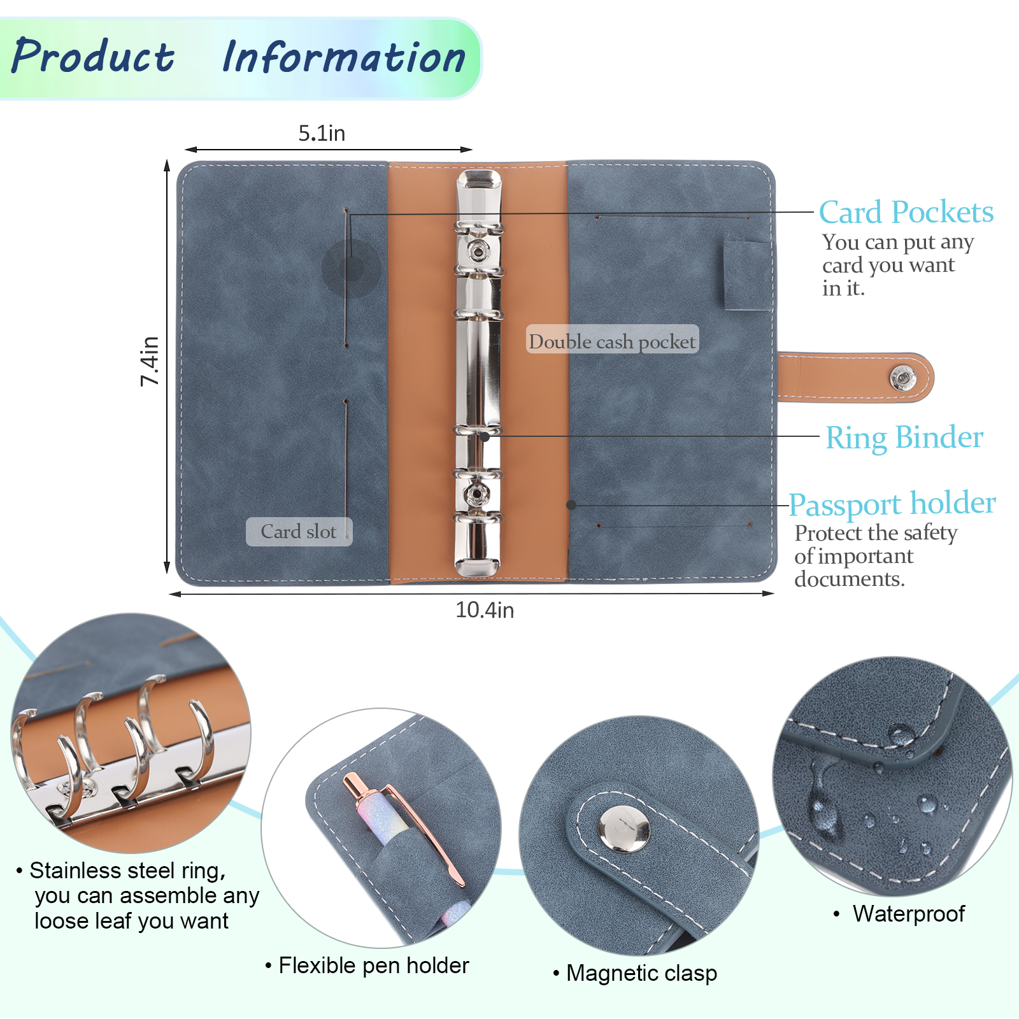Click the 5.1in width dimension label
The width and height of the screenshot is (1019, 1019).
pos(322,133)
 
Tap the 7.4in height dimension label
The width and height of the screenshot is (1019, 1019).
pos(150,360)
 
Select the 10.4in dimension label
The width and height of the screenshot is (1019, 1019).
pos(484,610)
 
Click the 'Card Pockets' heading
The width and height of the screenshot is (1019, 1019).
pos(905,212)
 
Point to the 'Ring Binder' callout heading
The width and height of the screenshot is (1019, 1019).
pos(904,438)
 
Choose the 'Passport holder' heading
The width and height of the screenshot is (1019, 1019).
pos(892,504)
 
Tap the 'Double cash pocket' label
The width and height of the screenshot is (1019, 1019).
pos(612,341)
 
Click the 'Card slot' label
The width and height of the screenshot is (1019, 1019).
pos(299,531)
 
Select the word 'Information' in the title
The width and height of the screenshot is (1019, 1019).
pos(344,57)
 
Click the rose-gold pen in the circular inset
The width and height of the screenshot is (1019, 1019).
pos(401,828)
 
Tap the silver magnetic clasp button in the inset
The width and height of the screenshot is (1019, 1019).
pos(624,829)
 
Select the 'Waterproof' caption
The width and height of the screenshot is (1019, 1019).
pos(908,913)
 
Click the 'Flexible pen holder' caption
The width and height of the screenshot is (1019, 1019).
pos(374,966)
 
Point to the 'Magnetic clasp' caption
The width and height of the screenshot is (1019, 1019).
pos(641,973)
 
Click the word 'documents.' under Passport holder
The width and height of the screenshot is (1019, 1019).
pos(848,579)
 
